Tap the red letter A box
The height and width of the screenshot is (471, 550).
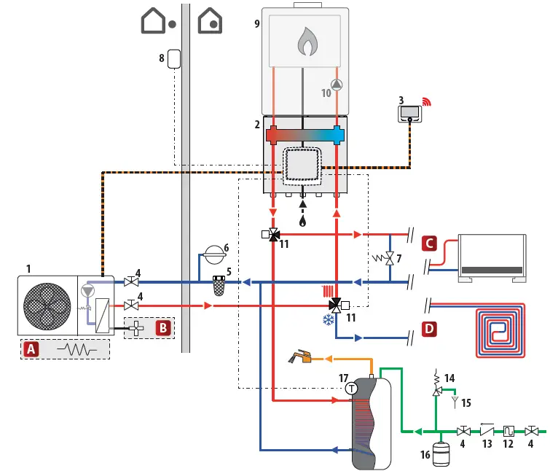[x=30, y=349]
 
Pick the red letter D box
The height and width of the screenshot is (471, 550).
[x=430, y=330]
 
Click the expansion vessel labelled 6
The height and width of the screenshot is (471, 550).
[x=214, y=253]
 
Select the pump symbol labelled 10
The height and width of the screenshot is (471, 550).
[x=336, y=84]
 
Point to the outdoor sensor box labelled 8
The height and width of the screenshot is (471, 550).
[x=173, y=58]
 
